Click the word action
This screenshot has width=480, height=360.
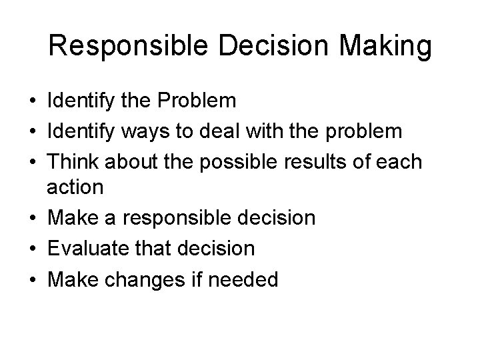coord(75,187)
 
